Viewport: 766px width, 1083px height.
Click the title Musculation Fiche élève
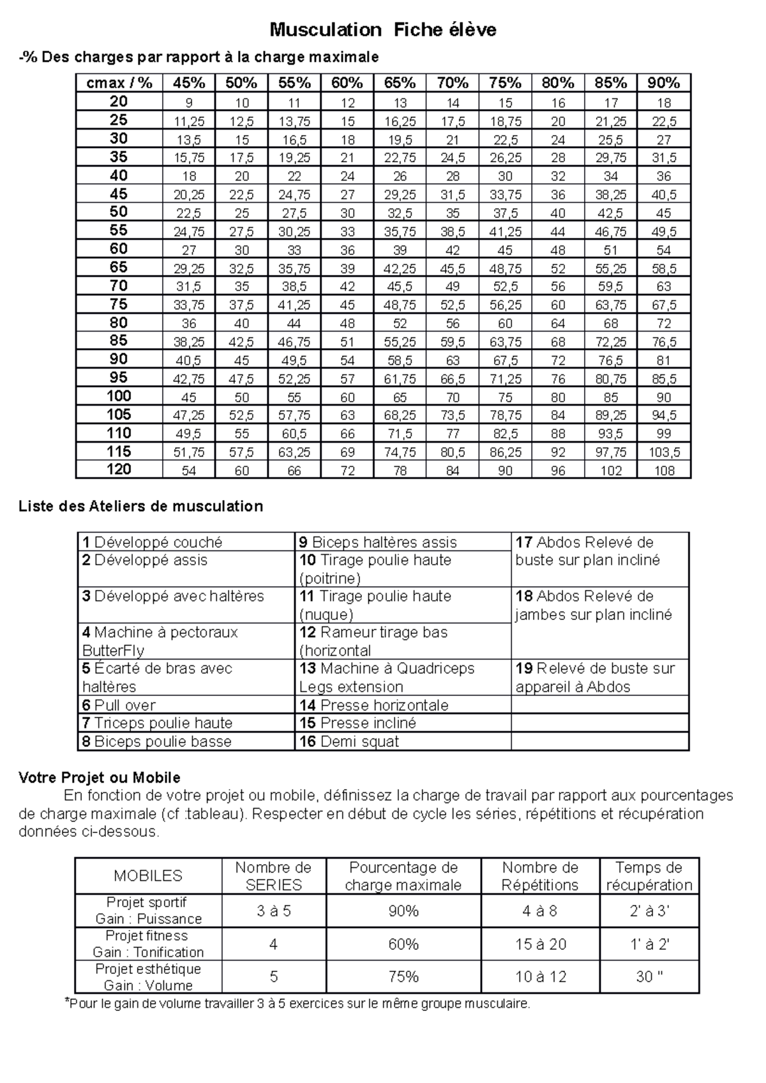[382, 29]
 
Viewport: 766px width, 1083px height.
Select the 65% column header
[400, 83]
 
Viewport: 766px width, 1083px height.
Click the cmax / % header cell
[119, 83]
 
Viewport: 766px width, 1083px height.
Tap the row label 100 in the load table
[119, 396]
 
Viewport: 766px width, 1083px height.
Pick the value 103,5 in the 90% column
[664, 452]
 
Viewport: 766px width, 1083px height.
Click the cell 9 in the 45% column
[189, 103]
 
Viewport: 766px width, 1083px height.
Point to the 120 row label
[119, 470]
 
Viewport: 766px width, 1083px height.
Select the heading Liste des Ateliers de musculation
[140, 506]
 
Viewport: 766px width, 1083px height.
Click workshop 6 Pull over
[119, 705]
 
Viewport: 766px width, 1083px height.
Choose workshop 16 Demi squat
[349, 742]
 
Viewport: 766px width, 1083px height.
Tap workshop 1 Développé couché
[153, 542]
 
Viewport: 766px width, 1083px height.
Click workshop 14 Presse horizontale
[374, 705]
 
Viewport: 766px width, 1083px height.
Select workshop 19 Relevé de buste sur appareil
[594, 677]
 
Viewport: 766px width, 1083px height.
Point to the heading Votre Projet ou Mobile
[100, 777]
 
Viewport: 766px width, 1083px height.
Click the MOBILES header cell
[148, 876]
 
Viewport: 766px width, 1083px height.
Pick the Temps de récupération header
[649, 876]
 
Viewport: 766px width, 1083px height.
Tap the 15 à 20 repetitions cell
[540, 944]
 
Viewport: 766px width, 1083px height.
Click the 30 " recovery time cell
[649, 976]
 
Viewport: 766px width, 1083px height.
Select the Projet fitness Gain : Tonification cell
[148, 944]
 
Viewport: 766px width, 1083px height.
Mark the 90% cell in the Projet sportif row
[403, 911]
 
